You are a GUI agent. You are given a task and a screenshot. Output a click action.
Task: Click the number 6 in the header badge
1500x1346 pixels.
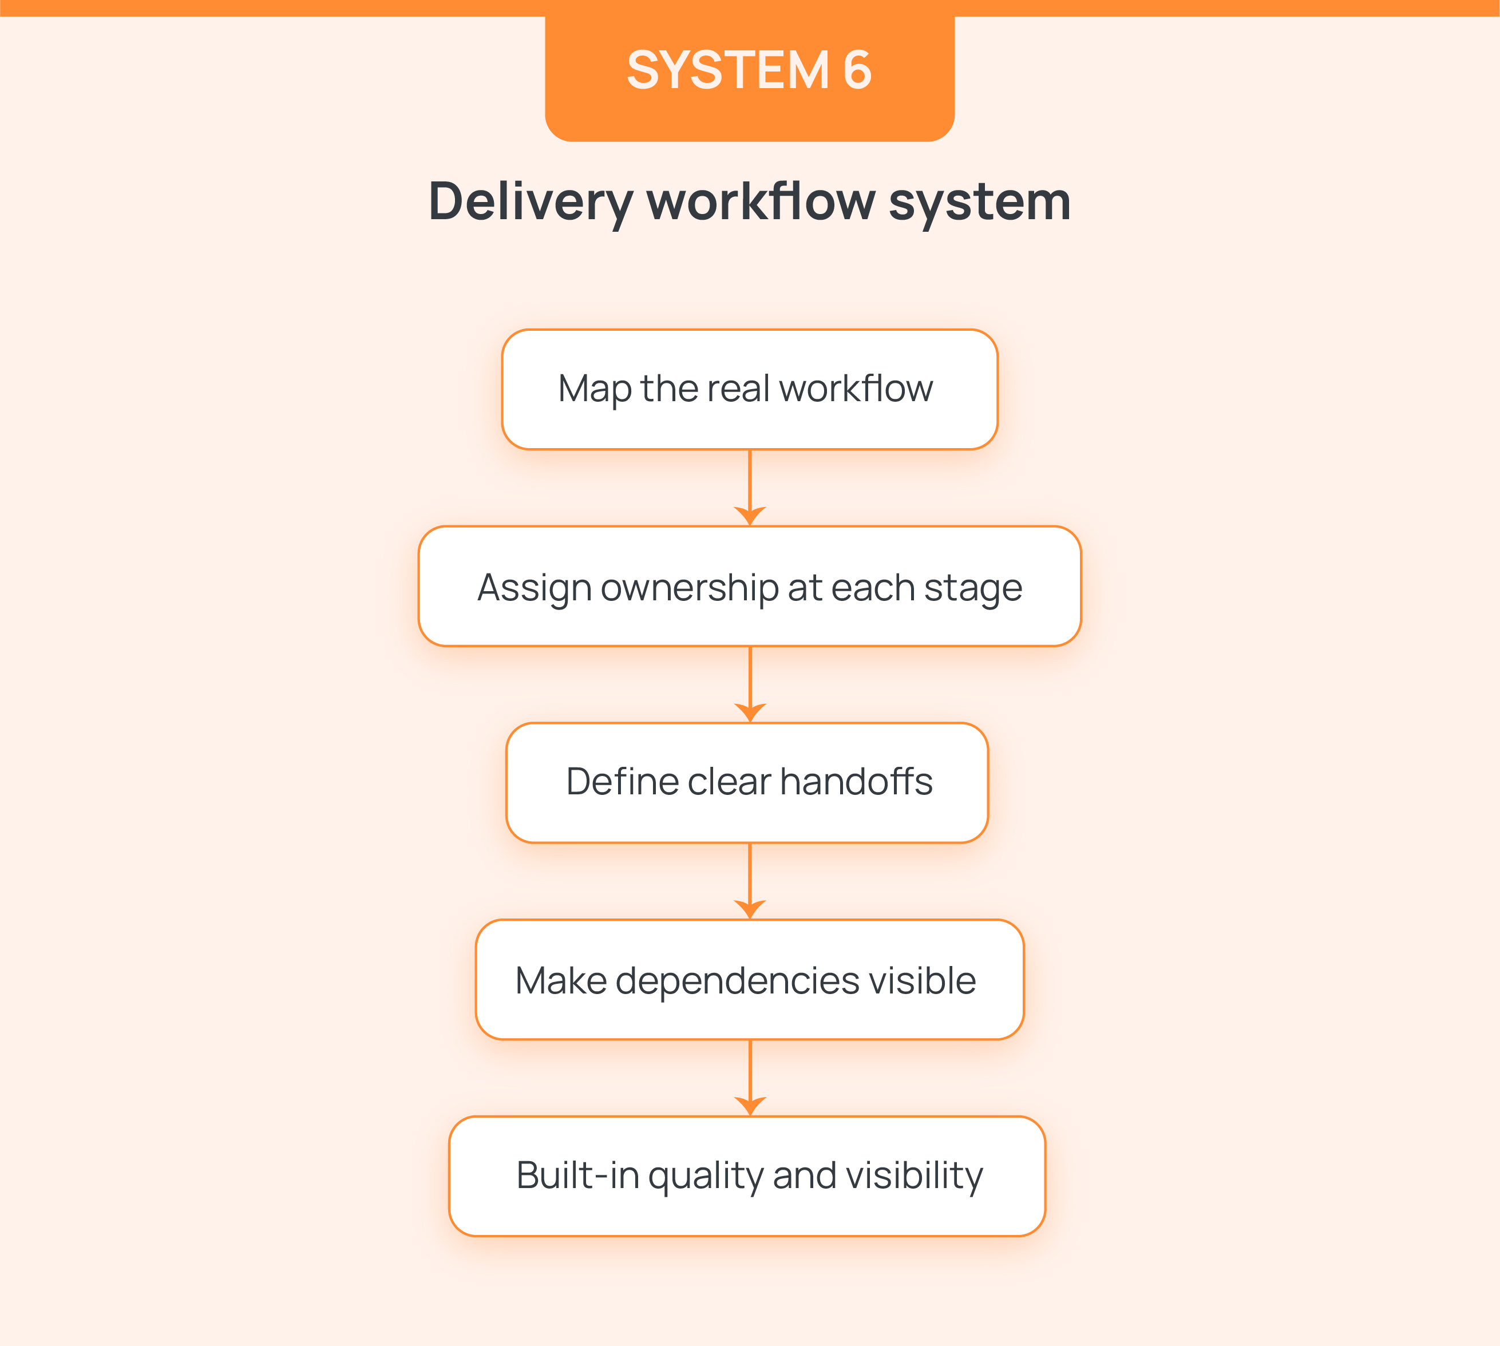click(857, 70)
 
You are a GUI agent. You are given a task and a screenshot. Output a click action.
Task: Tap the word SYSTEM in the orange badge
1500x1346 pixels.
click(729, 70)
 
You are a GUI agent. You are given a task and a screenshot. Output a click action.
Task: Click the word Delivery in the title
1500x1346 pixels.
click(531, 201)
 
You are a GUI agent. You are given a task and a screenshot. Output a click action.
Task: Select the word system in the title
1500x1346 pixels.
click(979, 201)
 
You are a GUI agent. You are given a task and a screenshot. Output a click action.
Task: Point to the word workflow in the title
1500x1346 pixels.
click(761, 201)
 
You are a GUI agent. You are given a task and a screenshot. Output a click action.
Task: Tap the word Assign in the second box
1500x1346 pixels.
click(534, 588)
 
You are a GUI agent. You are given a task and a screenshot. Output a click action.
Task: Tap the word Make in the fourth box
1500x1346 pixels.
click(561, 981)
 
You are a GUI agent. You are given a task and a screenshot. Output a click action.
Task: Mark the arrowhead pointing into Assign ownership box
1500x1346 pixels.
click(750, 516)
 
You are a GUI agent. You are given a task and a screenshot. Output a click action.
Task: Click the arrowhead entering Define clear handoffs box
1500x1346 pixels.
click(750, 712)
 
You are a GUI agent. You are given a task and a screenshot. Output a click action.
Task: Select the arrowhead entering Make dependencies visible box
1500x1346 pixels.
click(750, 909)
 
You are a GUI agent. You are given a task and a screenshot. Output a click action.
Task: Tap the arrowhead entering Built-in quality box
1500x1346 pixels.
click(750, 1106)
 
